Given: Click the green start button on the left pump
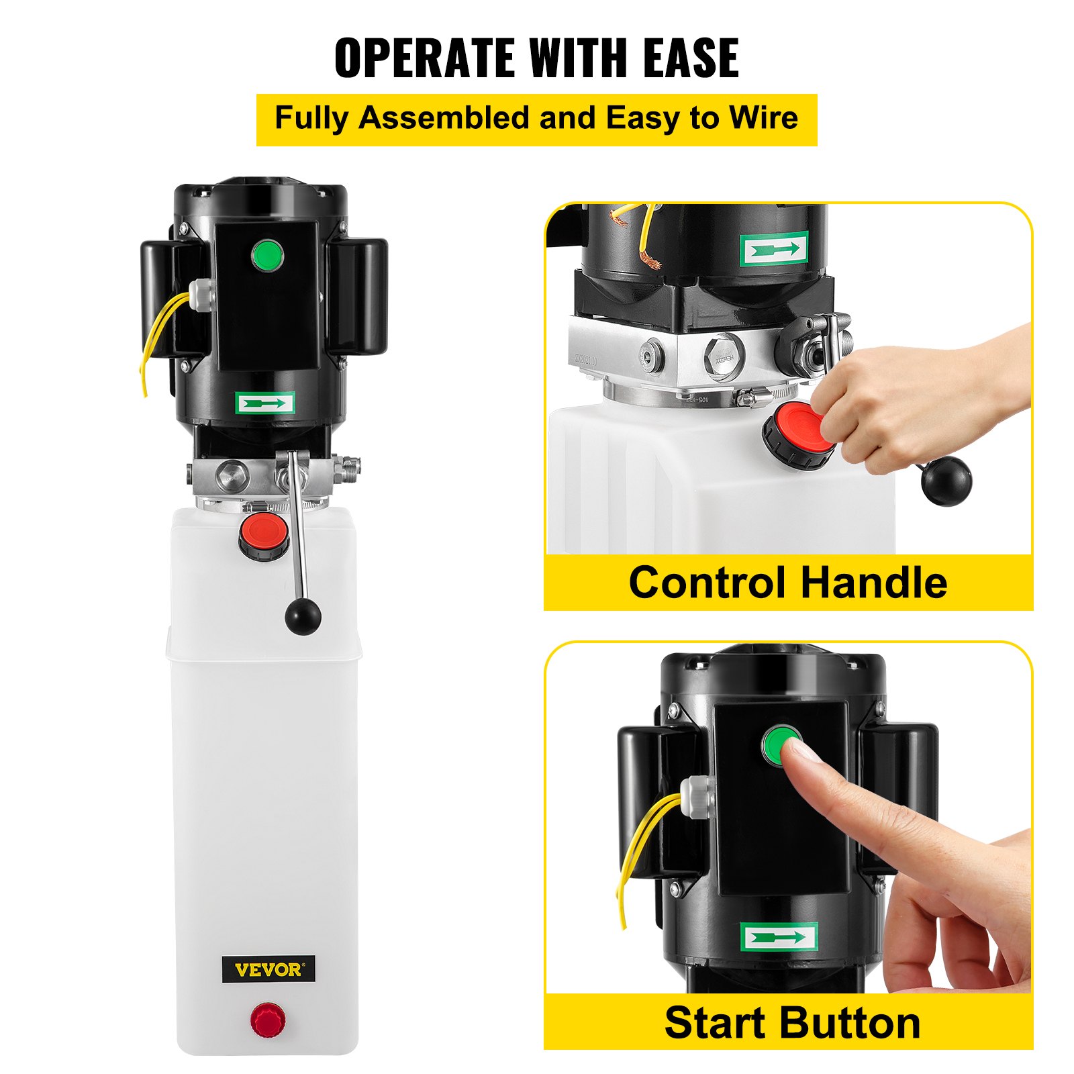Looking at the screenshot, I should [267, 255].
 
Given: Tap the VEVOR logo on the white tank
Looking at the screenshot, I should [268, 969].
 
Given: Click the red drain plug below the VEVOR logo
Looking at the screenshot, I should [267, 1020].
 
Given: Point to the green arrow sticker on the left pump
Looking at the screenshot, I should [265, 403].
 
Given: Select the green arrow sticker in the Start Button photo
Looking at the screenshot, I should [779, 937].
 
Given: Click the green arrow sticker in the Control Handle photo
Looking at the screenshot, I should [774, 250].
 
